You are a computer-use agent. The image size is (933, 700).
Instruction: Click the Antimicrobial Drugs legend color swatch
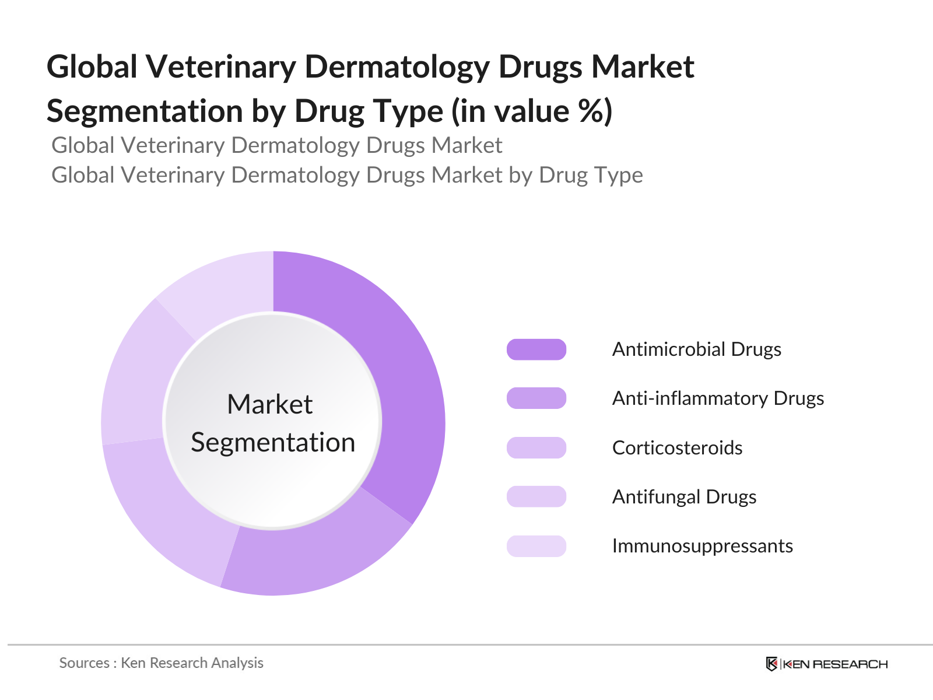pos(536,349)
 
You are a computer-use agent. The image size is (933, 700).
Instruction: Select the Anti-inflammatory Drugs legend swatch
pos(536,398)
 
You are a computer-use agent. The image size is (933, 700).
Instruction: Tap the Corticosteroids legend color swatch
pos(536,448)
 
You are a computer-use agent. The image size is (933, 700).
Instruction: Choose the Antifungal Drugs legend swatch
pos(536,497)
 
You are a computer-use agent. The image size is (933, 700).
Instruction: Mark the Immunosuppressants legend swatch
pos(536,547)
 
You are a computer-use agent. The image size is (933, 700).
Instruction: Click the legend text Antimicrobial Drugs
pos(696,349)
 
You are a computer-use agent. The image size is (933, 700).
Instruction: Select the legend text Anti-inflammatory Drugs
pos(718,398)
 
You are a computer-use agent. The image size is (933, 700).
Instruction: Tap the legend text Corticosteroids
pos(677,448)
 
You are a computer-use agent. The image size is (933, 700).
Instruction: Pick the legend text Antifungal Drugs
pos(684,497)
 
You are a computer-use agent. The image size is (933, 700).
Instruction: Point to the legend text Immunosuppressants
pos(702,547)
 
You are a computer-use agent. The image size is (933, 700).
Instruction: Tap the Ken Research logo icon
pos(771,664)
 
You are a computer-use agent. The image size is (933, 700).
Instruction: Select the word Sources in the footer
pos(84,663)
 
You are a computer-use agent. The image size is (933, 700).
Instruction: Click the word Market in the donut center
pos(270,404)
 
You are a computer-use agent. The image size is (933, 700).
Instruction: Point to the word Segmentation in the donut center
pos(273,443)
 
